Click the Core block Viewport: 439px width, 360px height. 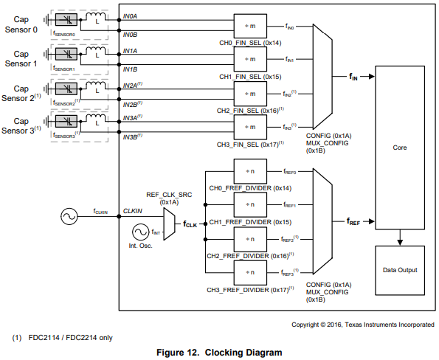tap(398, 147)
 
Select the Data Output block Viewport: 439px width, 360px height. tap(398, 270)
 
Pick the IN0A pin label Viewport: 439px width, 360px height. tap(131, 15)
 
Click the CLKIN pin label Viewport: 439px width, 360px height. tap(132, 210)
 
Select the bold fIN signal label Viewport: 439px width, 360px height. tap(354, 75)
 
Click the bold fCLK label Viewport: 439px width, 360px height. tap(191, 222)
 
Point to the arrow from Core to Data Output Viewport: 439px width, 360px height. tap(398, 237)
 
